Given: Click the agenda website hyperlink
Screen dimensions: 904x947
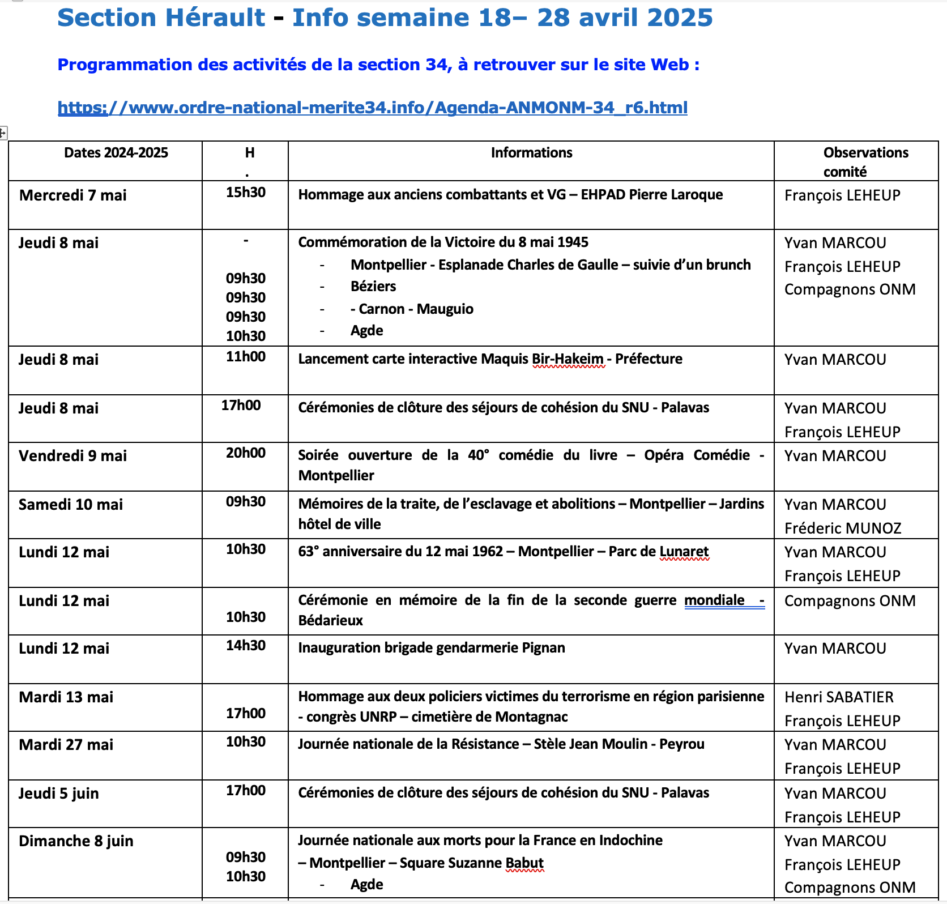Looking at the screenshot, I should click(372, 108).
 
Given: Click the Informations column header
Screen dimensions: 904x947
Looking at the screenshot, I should click(531, 153).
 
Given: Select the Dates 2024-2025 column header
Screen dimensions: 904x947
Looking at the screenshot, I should click(116, 153).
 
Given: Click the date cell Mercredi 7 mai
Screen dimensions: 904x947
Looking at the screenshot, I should click(73, 195).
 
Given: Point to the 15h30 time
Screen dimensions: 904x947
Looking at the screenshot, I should click(246, 193).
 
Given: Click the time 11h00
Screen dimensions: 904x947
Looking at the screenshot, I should click(246, 357).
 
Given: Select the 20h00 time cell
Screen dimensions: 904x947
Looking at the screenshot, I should click(246, 453).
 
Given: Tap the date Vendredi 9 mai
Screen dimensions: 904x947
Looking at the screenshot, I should click(73, 456).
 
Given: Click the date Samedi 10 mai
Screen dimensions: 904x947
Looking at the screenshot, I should click(71, 505).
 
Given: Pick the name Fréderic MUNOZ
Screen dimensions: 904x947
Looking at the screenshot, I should click(843, 528).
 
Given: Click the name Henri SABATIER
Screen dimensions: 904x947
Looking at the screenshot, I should click(839, 697).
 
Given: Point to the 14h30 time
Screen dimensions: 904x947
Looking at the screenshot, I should click(246, 646).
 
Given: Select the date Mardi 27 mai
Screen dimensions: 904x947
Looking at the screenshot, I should click(66, 745).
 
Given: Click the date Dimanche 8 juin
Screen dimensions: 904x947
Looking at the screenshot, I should click(76, 841).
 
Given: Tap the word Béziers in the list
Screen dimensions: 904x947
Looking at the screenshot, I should click(373, 287).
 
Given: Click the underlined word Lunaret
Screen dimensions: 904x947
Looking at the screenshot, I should click(684, 552).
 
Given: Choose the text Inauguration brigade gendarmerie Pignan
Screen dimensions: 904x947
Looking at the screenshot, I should click(432, 648).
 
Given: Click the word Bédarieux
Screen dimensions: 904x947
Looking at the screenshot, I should click(331, 621).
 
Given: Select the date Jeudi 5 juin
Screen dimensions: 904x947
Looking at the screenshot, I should click(59, 794).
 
